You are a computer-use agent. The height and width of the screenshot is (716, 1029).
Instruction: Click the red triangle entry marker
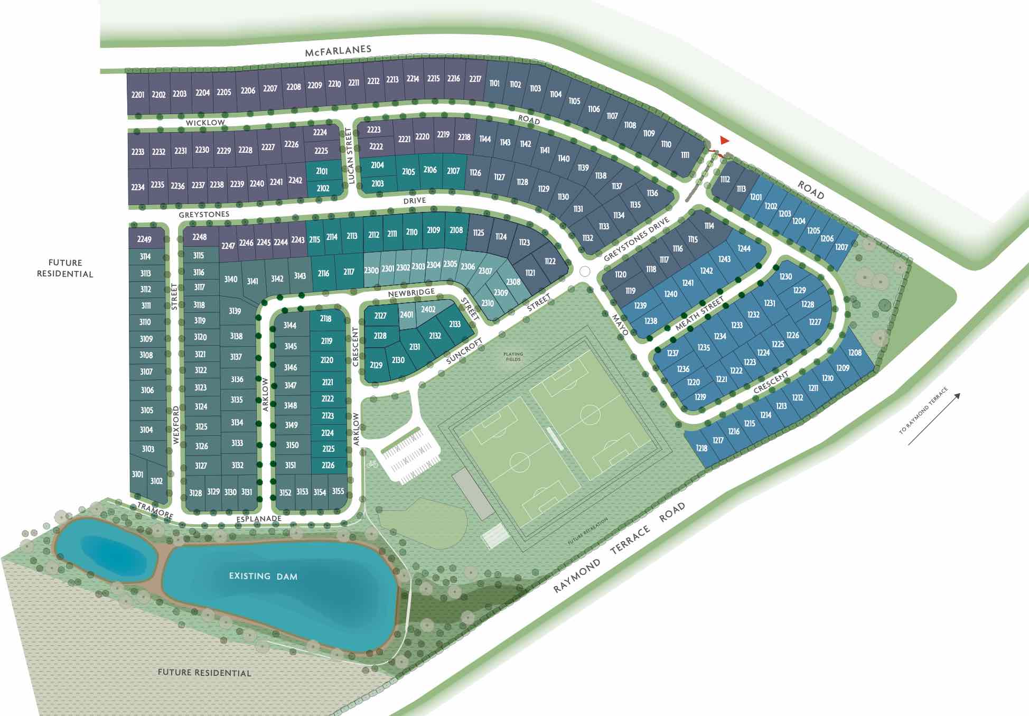point(724,141)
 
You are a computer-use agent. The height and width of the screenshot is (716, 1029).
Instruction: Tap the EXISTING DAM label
point(263,576)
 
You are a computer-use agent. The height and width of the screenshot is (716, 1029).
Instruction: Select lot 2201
point(138,95)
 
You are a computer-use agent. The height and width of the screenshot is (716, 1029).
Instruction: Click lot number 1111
point(685,155)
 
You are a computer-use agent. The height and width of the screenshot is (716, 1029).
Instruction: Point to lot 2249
point(144,239)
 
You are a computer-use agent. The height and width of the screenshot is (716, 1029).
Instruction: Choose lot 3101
point(137,474)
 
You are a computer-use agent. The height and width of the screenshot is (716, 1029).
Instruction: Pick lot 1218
point(701,448)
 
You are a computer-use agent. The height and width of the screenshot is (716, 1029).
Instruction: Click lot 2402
point(428,309)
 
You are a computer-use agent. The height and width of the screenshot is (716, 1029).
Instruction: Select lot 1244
point(744,248)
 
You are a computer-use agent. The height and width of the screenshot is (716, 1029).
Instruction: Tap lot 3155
point(338,491)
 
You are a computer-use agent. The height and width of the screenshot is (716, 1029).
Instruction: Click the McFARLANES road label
point(338,51)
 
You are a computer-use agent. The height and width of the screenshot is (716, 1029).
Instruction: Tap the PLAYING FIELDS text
point(513,357)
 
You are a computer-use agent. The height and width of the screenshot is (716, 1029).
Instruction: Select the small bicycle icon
point(372,464)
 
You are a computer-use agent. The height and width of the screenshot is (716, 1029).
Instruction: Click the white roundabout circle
point(585,271)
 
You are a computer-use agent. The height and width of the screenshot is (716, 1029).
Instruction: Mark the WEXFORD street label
point(176,425)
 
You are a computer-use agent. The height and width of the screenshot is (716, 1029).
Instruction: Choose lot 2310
point(488,303)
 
